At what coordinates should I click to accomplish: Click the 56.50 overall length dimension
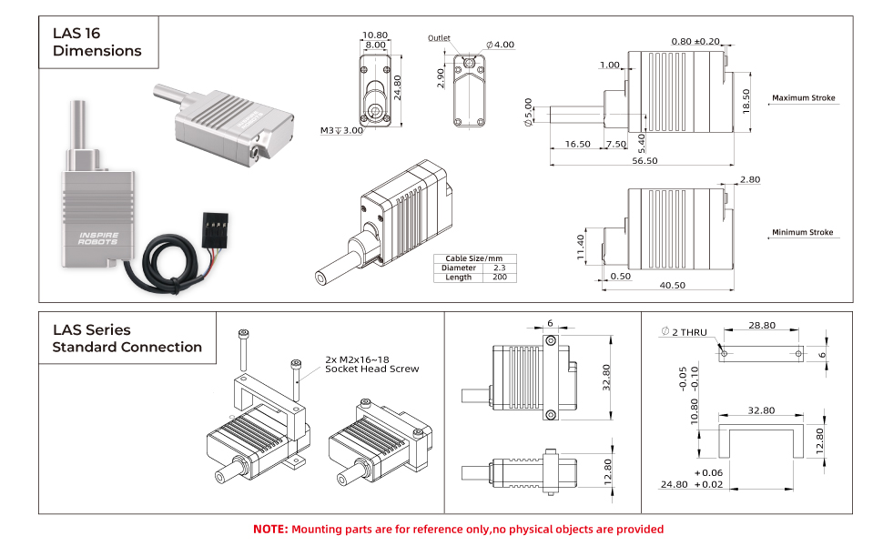click(644, 160)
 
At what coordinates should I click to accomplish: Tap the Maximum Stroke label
click(803, 98)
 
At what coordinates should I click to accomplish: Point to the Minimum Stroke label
click(802, 233)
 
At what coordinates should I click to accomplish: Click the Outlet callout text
click(439, 38)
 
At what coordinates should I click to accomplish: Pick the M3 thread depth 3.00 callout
click(341, 131)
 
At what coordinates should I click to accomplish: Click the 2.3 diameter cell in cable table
click(499, 268)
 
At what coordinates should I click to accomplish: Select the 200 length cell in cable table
click(499, 278)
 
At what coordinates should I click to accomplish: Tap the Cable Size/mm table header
click(474, 258)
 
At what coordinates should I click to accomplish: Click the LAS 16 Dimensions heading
click(96, 42)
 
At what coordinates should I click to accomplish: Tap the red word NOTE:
click(270, 529)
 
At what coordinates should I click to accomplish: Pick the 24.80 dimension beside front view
click(398, 85)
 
